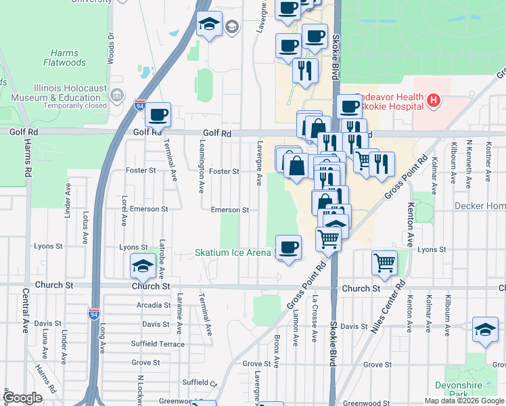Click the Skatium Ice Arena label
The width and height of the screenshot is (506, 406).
pyautogui.click(x=233, y=253)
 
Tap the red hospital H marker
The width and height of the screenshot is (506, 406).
pyautogui.click(x=434, y=102)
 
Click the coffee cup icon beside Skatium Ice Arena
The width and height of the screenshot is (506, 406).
pyautogui.click(x=289, y=247)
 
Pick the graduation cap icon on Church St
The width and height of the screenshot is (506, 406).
pyautogui.click(x=143, y=266)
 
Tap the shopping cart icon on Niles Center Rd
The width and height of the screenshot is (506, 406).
pyautogui.click(x=384, y=262)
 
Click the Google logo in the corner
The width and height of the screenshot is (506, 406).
pyautogui.click(x=22, y=398)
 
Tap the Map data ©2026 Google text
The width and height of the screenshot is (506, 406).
pyautogui.click(x=464, y=401)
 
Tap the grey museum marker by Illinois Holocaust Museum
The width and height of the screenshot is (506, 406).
pyautogui.click(x=118, y=95)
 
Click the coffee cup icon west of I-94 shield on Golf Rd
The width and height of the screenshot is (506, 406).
pyautogui.click(x=158, y=114)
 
